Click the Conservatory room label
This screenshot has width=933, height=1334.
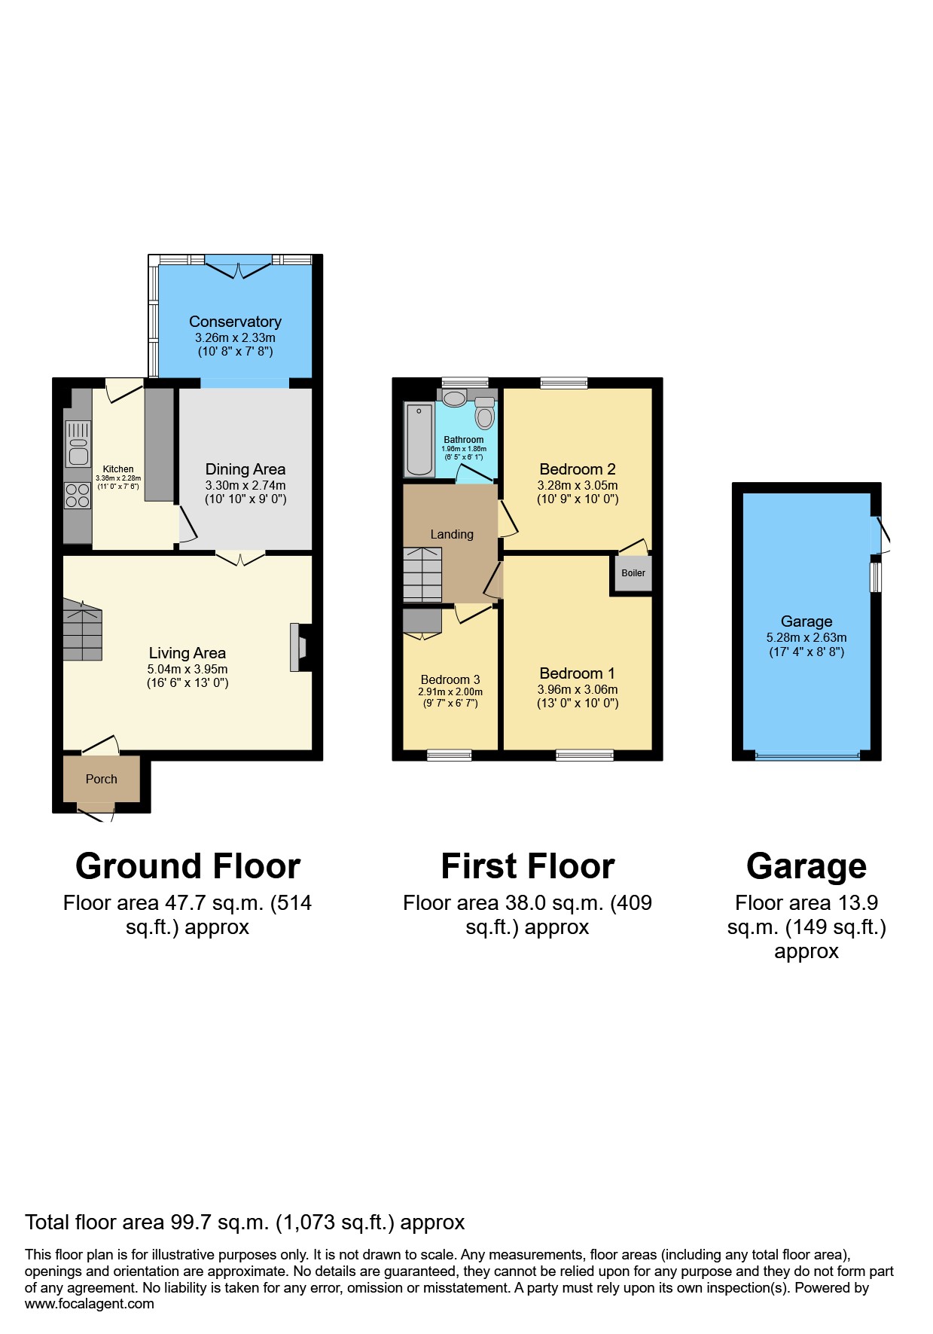tap(235, 322)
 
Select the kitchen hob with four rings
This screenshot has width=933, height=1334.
tap(78, 496)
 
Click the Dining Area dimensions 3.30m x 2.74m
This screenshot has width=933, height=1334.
tap(245, 486)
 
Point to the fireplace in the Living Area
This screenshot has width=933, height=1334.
tap(297, 647)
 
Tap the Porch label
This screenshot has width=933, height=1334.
tap(101, 780)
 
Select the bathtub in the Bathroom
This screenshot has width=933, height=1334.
tap(419, 440)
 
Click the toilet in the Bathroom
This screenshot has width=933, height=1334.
tap(484, 414)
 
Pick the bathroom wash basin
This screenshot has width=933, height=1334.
tap(454, 397)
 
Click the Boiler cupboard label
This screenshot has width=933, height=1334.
tap(633, 573)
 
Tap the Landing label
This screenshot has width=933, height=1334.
tap(452, 534)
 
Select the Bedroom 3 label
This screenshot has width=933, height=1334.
tap(450, 679)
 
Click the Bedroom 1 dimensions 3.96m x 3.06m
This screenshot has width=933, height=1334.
tap(578, 689)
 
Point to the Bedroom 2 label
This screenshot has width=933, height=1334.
tap(578, 469)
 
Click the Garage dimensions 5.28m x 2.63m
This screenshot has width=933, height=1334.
tap(806, 637)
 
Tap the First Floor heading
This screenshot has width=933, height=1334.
tap(527, 866)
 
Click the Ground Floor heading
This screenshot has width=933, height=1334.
tap(188, 866)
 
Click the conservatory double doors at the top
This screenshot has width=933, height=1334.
tap(238, 265)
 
